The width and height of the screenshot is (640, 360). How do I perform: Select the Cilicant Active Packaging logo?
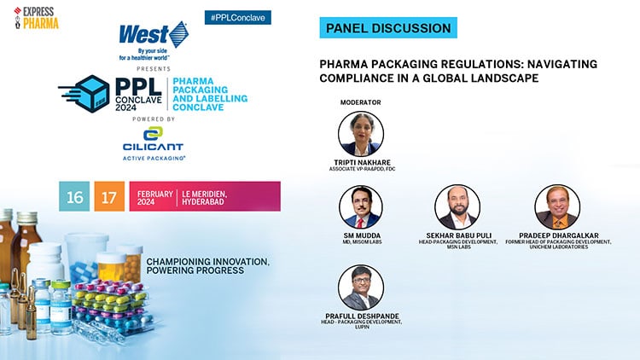click(x=153, y=143)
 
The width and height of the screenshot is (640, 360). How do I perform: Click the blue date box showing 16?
click(x=74, y=196)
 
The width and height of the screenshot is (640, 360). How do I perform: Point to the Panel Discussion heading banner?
click(x=388, y=28)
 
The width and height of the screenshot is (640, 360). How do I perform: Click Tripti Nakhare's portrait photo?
click(x=361, y=134)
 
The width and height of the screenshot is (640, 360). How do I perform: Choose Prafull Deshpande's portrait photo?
click(x=360, y=287)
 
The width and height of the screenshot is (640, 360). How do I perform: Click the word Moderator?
click(x=360, y=102)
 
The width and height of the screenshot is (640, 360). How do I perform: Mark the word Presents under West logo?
click(x=159, y=67)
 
